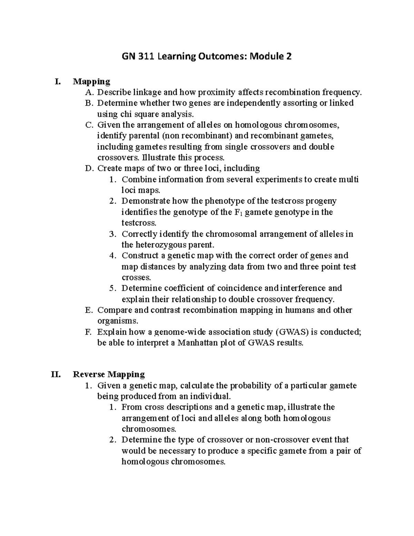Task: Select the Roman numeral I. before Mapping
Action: point(58,82)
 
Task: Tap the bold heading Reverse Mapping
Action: point(109,374)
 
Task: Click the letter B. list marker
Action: point(89,103)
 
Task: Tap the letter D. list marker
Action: point(89,168)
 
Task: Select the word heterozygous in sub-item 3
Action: point(156,245)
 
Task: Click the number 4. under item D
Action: point(112,256)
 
